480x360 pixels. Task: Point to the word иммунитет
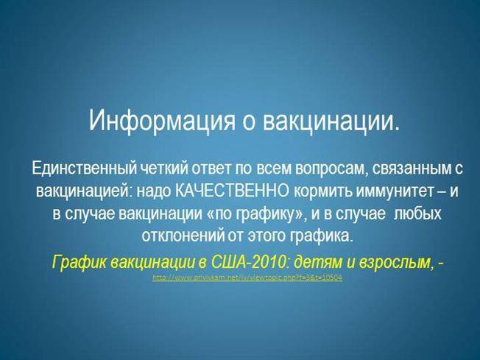(392, 191)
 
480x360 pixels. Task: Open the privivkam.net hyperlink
(247, 278)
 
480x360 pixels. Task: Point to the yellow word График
(77, 262)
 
